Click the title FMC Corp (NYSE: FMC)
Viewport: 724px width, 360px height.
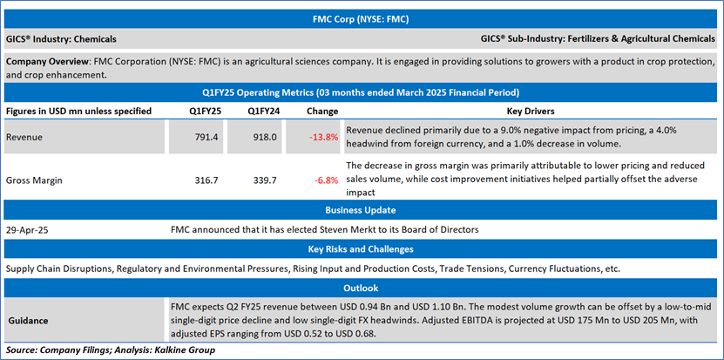361,17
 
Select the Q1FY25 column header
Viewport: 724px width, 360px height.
207,111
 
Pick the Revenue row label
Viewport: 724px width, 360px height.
25,137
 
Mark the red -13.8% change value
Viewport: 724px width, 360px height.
323,137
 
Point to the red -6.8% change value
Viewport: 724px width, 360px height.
326,180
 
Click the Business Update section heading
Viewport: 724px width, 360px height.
361,210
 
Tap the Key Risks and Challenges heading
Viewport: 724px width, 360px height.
361,249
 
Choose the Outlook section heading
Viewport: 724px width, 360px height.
361,289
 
